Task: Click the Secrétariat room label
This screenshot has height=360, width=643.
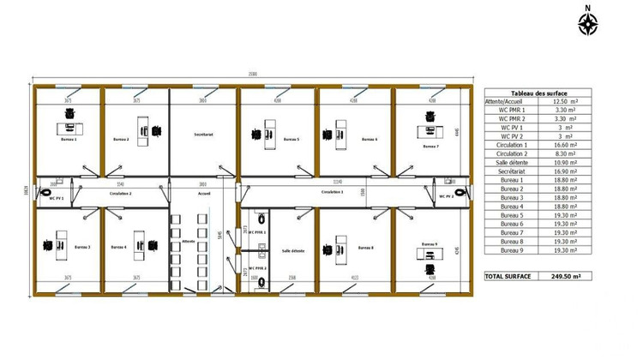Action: (x=203, y=135)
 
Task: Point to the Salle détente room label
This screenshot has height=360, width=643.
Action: (x=292, y=250)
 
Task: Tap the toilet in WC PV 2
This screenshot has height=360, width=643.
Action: (x=463, y=192)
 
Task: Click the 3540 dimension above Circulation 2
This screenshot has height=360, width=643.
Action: (x=120, y=184)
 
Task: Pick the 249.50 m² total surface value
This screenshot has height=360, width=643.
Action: (x=567, y=277)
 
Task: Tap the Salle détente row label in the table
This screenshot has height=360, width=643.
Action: (x=511, y=163)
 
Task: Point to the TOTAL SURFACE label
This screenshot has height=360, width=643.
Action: (x=508, y=277)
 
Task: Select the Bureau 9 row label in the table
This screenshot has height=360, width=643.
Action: (x=511, y=250)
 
